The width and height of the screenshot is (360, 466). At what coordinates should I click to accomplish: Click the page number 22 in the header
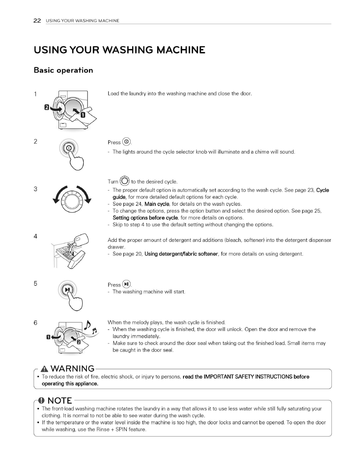37,21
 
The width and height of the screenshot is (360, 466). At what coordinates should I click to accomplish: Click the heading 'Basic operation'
63,70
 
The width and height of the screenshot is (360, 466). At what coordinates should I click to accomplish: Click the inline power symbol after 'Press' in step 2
126,142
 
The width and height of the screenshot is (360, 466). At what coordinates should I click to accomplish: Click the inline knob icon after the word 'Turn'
125,181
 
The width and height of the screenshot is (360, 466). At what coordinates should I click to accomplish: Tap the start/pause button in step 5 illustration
68,290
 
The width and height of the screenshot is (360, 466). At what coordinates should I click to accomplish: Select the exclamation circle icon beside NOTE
42,400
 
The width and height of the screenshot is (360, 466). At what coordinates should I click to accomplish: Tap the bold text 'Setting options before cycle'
145,218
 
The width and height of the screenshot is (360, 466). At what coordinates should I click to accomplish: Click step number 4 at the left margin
35,237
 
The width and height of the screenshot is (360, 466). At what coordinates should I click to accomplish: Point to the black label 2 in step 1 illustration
46,107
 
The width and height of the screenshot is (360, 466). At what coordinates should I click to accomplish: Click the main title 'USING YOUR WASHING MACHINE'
120,50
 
